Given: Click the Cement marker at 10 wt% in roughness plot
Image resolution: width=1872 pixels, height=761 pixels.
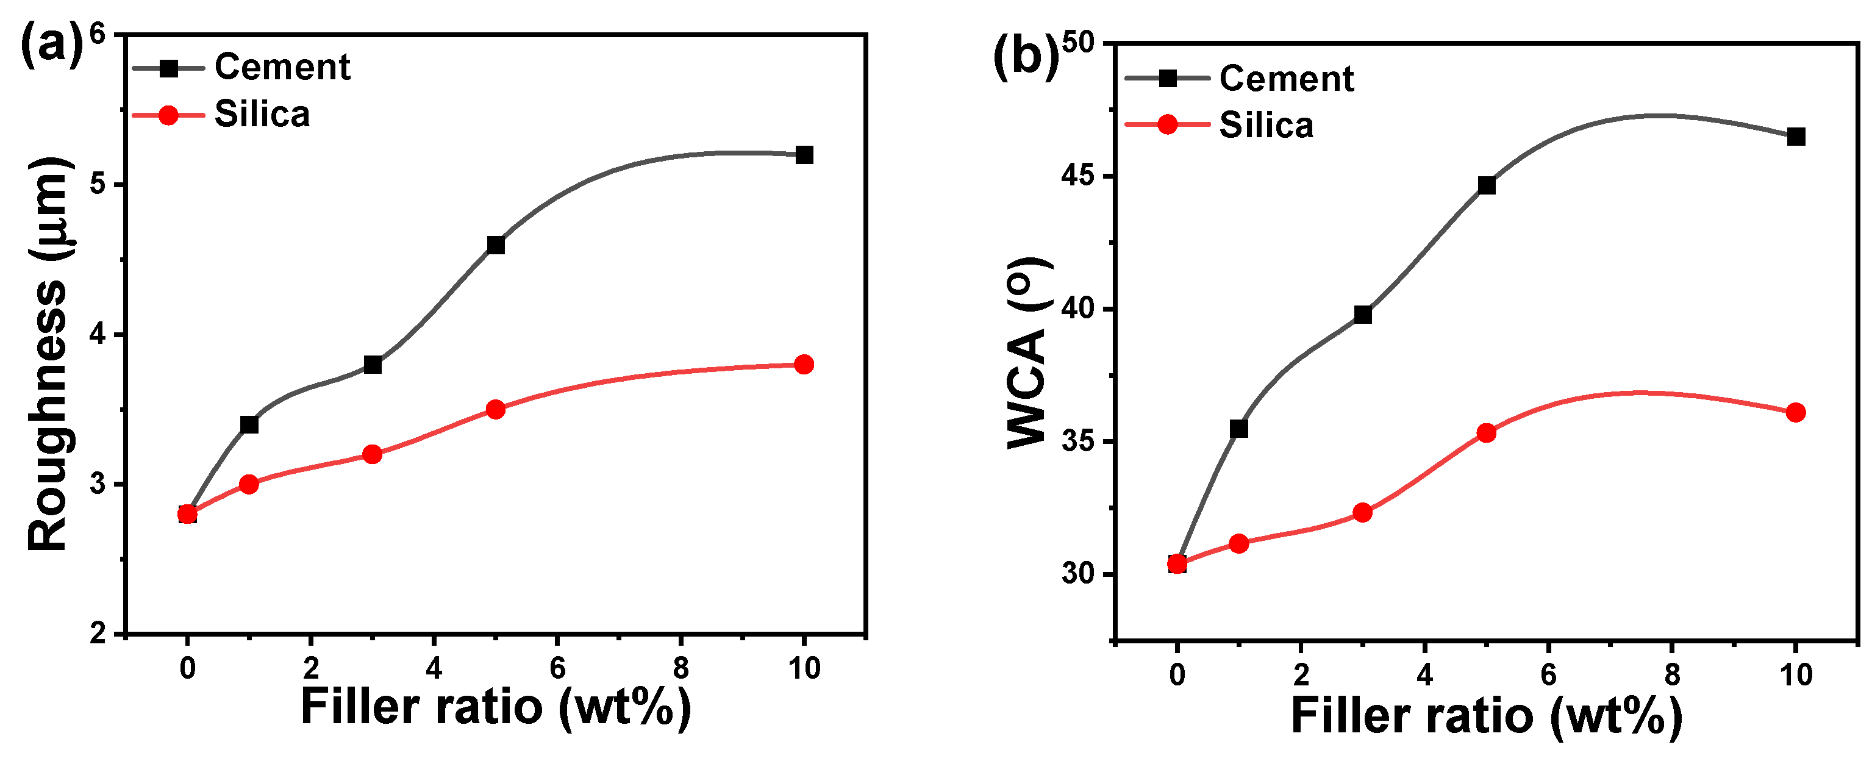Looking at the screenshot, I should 804,155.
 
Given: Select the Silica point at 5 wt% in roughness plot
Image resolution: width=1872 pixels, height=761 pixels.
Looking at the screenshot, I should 496,409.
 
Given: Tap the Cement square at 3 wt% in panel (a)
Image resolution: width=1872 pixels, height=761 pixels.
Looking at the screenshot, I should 372,364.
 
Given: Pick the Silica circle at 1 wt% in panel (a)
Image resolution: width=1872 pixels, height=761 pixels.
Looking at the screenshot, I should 249,484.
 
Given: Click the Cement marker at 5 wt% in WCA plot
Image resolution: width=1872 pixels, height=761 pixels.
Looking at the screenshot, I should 1486,185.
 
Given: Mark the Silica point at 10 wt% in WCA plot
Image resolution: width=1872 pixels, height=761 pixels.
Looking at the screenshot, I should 1796,413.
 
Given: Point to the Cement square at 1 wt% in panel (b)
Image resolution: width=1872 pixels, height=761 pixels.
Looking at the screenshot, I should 1239,429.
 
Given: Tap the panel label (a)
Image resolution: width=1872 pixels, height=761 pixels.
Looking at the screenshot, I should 51,45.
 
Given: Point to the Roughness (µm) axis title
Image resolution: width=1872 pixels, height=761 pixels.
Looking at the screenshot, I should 49,355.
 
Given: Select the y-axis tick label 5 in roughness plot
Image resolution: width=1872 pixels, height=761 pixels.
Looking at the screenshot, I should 98,185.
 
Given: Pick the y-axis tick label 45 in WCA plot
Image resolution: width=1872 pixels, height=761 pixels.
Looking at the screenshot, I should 1079,177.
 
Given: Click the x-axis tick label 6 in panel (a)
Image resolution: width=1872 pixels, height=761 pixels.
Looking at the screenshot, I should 557,667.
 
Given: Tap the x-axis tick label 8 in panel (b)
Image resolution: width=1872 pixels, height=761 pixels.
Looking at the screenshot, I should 1672,674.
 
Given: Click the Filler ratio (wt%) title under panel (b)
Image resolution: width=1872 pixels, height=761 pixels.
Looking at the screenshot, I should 1486,715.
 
